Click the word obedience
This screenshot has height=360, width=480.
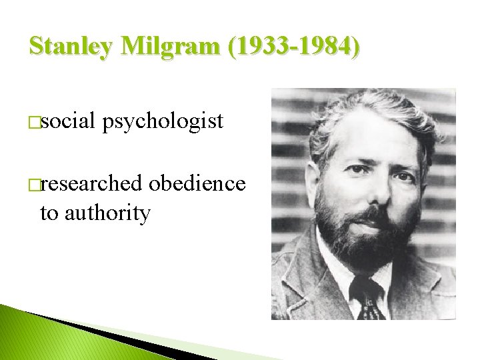pyautogui.click(x=197, y=183)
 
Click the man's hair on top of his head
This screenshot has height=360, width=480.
pyautogui.click(x=367, y=110)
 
